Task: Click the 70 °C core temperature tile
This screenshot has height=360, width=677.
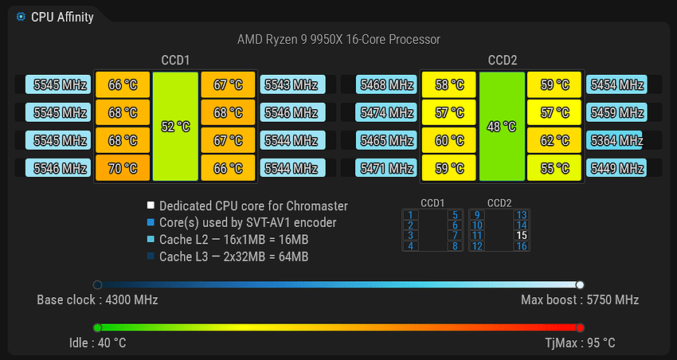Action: pyautogui.click(x=123, y=168)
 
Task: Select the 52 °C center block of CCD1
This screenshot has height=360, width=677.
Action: pyautogui.click(x=175, y=127)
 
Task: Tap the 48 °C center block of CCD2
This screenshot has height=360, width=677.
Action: pyautogui.click(x=502, y=127)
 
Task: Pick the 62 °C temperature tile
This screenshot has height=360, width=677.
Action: pyautogui.click(x=554, y=140)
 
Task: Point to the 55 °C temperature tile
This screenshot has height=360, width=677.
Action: pyautogui.click(x=554, y=168)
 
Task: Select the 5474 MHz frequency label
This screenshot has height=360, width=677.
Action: pyautogui.click(x=386, y=112)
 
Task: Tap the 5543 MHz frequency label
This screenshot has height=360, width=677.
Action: pyautogui.click(x=293, y=84)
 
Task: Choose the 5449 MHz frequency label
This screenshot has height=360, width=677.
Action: pyautogui.click(x=616, y=168)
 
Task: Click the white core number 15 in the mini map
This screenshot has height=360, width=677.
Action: pyautogui.click(x=522, y=236)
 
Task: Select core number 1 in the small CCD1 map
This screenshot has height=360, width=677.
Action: pyautogui.click(x=410, y=215)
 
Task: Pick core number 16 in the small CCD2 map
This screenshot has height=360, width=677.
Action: pyautogui.click(x=522, y=246)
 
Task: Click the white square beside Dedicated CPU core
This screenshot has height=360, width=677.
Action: pyautogui.click(x=151, y=205)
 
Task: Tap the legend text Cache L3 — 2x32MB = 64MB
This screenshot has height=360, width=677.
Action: pyautogui.click(x=233, y=256)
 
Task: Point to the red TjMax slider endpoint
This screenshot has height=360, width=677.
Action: pyautogui.click(x=580, y=327)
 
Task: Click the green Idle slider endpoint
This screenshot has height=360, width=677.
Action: pyautogui.click(x=98, y=327)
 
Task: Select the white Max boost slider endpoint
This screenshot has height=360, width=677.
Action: pyautogui.click(x=580, y=284)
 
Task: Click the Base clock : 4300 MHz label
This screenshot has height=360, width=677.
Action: pyautogui.click(x=98, y=300)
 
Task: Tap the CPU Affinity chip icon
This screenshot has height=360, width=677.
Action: pyautogui.click(x=20, y=18)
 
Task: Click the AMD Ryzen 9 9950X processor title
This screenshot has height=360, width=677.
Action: pyautogui.click(x=339, y=40)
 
